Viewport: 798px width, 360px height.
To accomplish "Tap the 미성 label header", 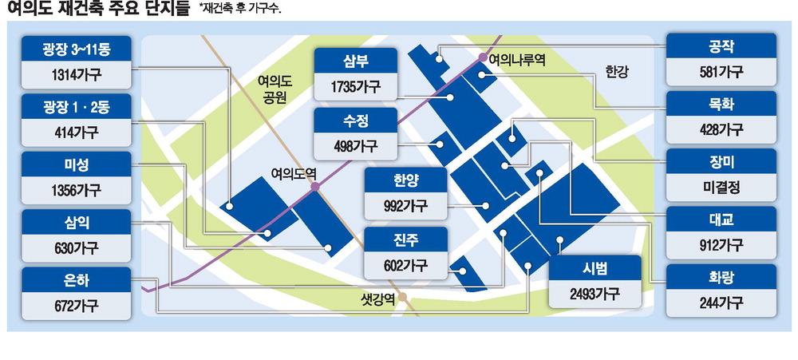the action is [x=77, y=164].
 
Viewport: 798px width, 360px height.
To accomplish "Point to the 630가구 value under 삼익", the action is [x=77, y=248].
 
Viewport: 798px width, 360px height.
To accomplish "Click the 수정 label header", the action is [x=355, y=122].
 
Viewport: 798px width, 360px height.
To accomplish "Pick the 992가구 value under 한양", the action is [x=405, y=205].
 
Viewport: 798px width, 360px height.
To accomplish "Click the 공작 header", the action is [x=720, y=45].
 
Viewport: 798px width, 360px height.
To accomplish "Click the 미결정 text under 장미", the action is [x=720, y=189].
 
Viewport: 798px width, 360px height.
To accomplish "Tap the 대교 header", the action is [x=720, y=220].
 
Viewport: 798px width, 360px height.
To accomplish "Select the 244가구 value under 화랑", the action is [x=720, y=303].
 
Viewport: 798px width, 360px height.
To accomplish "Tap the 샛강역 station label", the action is [x=379, y=300].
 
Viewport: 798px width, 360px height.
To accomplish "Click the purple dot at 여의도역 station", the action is [x=315, y=186].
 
